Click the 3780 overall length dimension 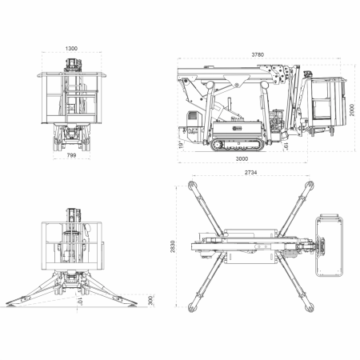click(258, 54)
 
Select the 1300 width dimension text click(71, 49)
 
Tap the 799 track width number click(71, 157)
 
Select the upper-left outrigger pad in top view click(190, 185)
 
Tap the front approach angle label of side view click(182, 145)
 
